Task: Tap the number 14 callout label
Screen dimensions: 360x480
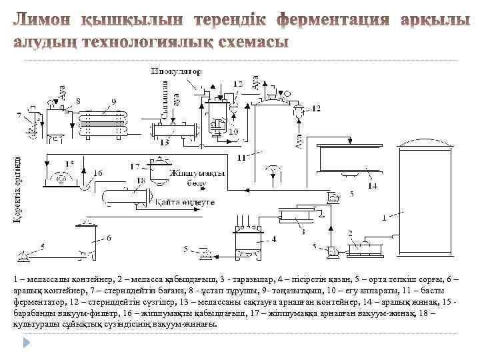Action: [373, 185]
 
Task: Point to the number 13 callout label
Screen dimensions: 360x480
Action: [164, 142]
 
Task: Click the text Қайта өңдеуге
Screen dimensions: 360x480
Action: [183, 201]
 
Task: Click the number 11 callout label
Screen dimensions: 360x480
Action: [240, 157]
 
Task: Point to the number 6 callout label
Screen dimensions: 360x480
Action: [109, 237]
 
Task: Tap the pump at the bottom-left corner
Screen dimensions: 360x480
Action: [23, 254]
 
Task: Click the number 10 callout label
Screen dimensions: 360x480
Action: [233, 133]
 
